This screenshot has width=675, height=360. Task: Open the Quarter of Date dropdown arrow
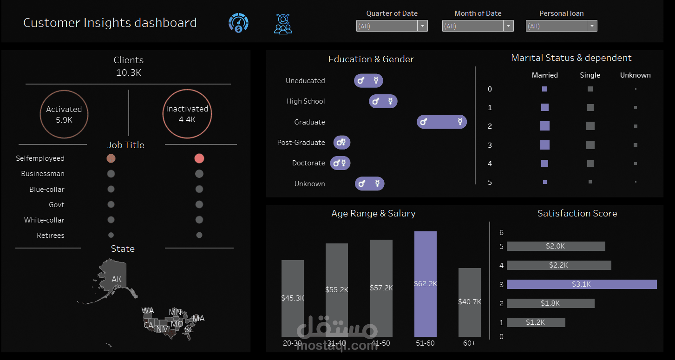click(422, 26)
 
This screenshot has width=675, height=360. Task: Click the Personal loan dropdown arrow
click(592, 26)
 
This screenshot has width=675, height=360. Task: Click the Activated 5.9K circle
click(64, 114)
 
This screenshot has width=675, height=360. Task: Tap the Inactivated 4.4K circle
click(187, 114)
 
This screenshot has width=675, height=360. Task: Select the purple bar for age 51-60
click(425, 284)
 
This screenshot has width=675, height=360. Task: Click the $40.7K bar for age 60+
click(469, 302)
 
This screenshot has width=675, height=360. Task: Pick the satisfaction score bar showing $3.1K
click(582, 284)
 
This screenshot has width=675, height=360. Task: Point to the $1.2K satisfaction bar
click(536, 322)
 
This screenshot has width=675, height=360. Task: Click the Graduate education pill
click(441, 122)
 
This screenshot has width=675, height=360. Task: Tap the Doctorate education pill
click(341, 163)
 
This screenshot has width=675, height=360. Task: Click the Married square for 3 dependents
click(545, 145)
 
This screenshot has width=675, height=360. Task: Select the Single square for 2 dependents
click(590, 126)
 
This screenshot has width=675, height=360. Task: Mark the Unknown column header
click(635, 75)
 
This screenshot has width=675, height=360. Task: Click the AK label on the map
click(117, 279)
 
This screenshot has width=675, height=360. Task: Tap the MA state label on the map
click(198, 318)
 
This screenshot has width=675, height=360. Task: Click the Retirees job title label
click(51, 236)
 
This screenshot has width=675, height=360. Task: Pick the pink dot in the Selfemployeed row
click(199, 158)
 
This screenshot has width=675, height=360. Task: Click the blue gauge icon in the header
click(238, 23)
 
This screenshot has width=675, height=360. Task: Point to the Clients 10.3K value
click(129, 72)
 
